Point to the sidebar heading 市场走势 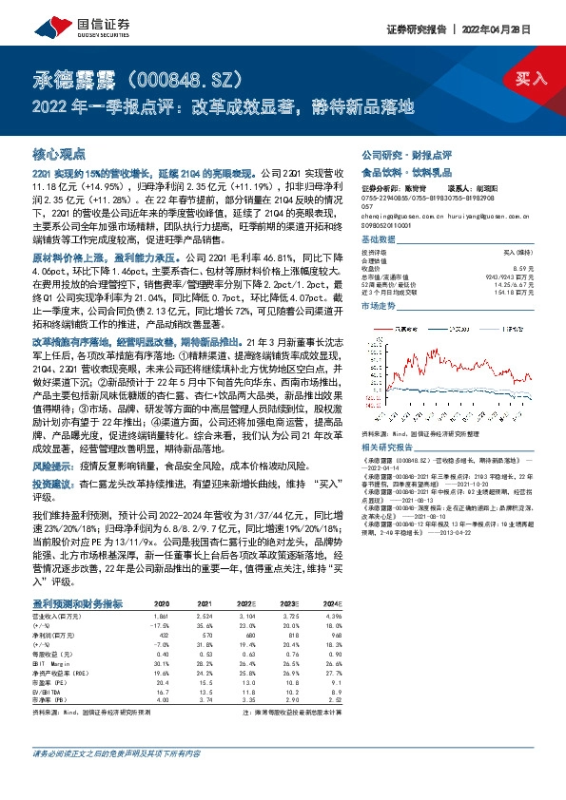[x=378, y=307]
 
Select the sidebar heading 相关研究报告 [x=386, y=444]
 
